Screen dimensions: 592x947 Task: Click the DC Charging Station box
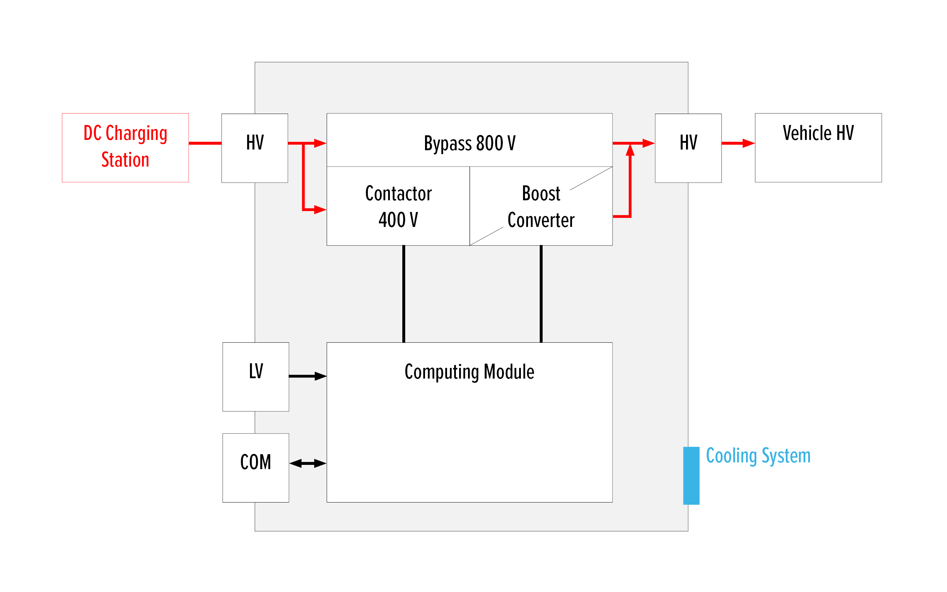125,147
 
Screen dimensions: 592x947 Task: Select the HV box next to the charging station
255,148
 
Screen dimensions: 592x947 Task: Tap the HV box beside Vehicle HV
688,148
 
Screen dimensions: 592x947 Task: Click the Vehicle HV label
818,133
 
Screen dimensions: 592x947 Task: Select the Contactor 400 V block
398,206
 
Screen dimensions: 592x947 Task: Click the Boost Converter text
541,206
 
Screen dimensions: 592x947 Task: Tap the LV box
255,376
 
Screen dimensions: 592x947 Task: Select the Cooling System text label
757,455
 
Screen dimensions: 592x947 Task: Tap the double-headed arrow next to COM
308,463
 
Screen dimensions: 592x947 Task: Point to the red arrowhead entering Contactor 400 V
320,210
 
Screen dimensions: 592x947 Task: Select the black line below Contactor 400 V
404,294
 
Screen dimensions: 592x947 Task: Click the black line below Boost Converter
541,294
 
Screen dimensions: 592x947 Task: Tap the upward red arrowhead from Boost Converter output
630,150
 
